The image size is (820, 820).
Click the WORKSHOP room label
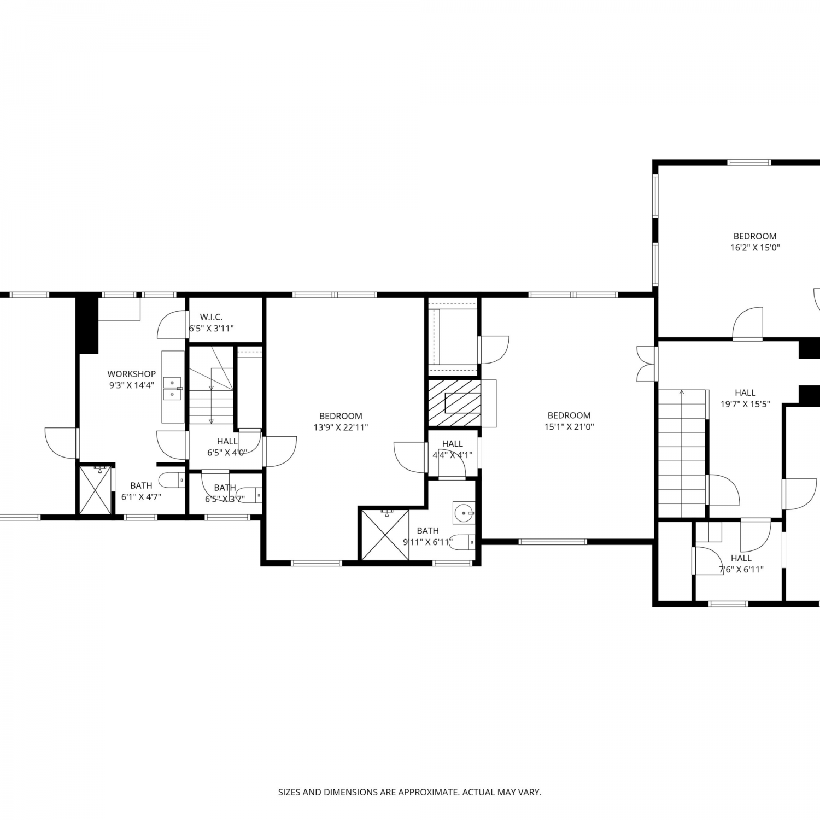coord(131,374)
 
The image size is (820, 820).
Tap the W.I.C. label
coord(211,317)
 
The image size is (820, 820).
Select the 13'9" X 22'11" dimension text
coord(341,427)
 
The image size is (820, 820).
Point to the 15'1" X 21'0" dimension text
coord(569,427)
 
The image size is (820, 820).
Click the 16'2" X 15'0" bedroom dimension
coord(755,248)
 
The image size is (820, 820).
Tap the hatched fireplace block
coord(454,402)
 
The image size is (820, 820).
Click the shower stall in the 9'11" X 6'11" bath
coord(385,535)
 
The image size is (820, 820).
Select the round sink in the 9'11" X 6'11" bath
coord(464,513)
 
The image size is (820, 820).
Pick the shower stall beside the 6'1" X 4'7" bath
coord(95,489)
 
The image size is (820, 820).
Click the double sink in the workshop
coord(173,388)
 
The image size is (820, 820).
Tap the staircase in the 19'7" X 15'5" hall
coord(682,453)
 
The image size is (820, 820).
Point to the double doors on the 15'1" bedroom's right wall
coord(646,364)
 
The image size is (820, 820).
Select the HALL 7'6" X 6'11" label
coord(741,564)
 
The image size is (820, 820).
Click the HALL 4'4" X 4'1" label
coord(453,449)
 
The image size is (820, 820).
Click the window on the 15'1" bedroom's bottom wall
coord(552,542)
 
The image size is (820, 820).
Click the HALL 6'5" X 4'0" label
coord(227,447)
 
